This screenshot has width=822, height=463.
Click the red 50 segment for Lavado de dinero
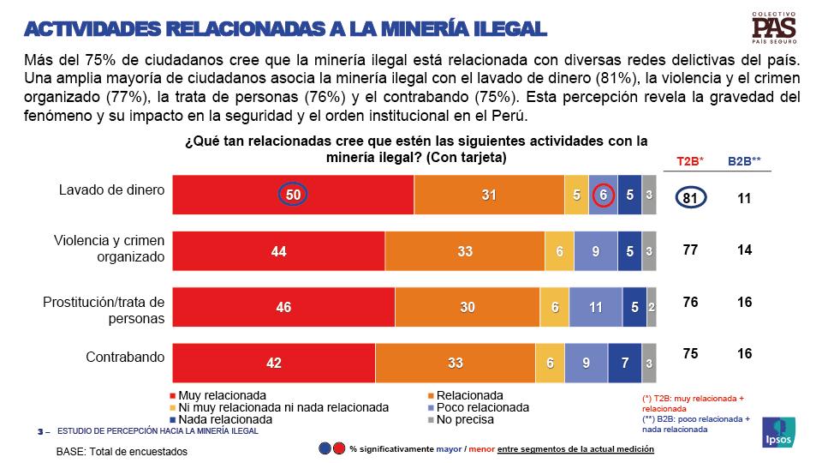[293, 195]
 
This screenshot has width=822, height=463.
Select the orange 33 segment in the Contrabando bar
[455, 363]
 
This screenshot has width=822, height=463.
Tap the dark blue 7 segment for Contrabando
[624, 363]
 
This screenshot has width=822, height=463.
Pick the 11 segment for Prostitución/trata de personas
[596, 308]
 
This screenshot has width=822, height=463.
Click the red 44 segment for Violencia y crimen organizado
[279, 252]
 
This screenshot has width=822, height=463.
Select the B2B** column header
[745, 161]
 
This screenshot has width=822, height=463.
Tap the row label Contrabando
[125, 356]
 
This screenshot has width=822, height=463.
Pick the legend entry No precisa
[463, 419]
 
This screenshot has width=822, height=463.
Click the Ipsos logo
[778, 431]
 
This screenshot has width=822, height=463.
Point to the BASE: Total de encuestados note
[121, 451]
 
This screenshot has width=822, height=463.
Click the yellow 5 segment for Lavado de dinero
[575, 195]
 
